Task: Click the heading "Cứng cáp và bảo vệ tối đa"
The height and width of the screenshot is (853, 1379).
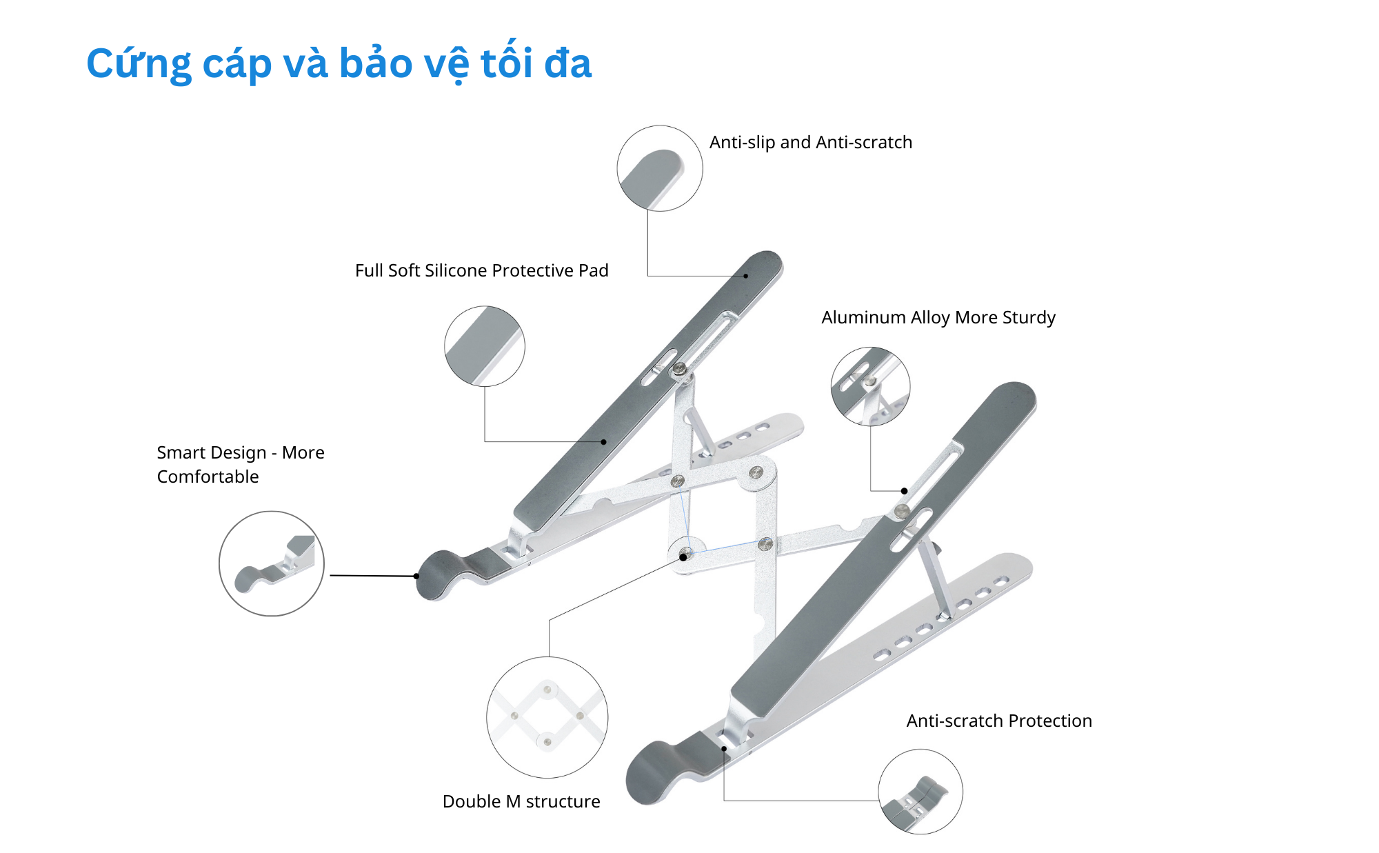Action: click(339, 63)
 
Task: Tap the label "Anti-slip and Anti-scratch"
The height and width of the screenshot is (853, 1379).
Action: click(811, 142)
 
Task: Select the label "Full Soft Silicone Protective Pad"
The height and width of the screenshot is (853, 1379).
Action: click(482, 270)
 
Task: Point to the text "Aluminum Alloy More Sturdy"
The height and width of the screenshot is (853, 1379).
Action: click(938, 317)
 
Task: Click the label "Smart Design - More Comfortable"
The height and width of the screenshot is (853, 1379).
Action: click(241, 464)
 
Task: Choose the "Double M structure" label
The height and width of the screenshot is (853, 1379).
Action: click(521, 801)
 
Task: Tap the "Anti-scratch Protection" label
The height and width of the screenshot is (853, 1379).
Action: click(999, 721)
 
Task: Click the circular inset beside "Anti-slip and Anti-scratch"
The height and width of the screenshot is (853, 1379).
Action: click(660, 168)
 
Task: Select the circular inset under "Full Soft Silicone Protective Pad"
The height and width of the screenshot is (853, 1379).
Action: click(485, 346)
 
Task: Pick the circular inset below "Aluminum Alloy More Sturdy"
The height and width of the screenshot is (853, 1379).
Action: click(870, 386)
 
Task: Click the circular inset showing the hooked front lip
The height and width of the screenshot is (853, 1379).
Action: click(272, 563)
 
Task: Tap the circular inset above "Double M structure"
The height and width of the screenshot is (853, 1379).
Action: click(547, 718)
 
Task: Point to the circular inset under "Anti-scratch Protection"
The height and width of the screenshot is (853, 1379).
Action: click(920, 792)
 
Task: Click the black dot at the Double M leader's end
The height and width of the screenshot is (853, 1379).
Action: click(683, 557)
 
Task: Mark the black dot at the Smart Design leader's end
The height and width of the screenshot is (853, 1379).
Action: click(416, 576)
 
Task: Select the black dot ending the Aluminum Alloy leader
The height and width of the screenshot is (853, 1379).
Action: click(904, 491)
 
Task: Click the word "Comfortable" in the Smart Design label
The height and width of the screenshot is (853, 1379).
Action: click(208, 476)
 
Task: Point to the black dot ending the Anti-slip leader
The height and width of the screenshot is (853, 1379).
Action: click(745, 276)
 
